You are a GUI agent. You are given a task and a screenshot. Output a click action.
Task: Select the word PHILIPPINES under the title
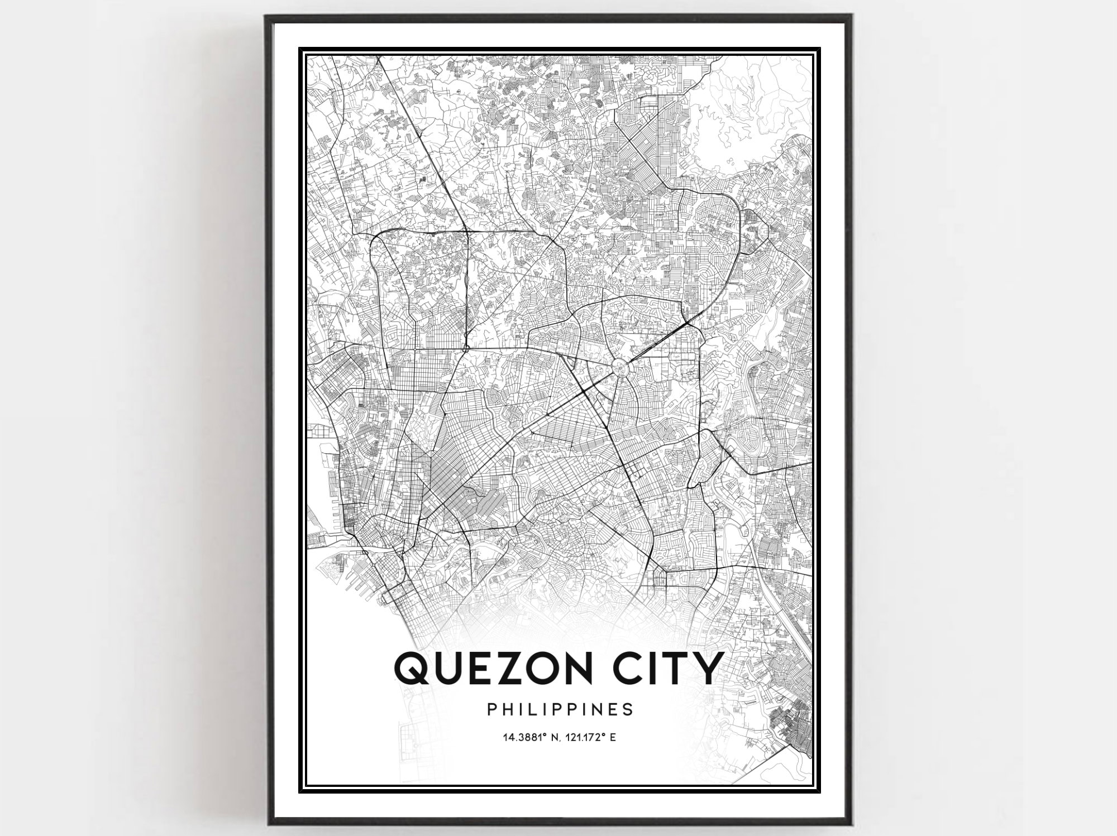[560, 709]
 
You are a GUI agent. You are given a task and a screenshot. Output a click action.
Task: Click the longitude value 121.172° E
[591, 738]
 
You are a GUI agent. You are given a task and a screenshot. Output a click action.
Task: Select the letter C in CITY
[620, 667]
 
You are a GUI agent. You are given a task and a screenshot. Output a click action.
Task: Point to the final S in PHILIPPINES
[629, 709]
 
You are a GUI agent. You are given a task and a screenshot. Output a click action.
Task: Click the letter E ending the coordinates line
[613, 738]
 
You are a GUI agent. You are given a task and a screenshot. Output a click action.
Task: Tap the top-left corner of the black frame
[266, 17]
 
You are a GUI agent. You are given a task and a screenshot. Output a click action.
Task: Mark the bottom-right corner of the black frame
[849, 822]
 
